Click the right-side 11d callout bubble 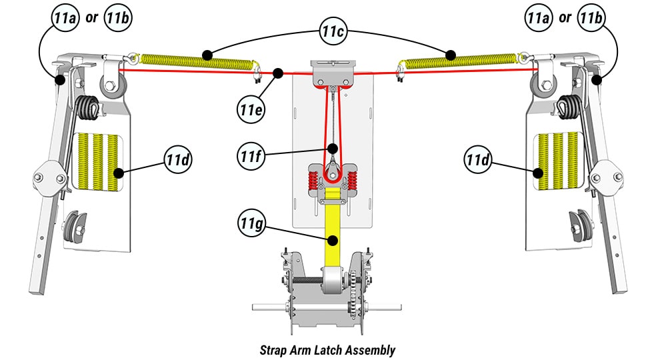point(478,160)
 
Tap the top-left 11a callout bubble point(64,18)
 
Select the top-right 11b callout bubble point(591,18)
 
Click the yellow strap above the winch point(331,227)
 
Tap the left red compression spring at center point(312,178)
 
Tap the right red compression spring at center point(351,178)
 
